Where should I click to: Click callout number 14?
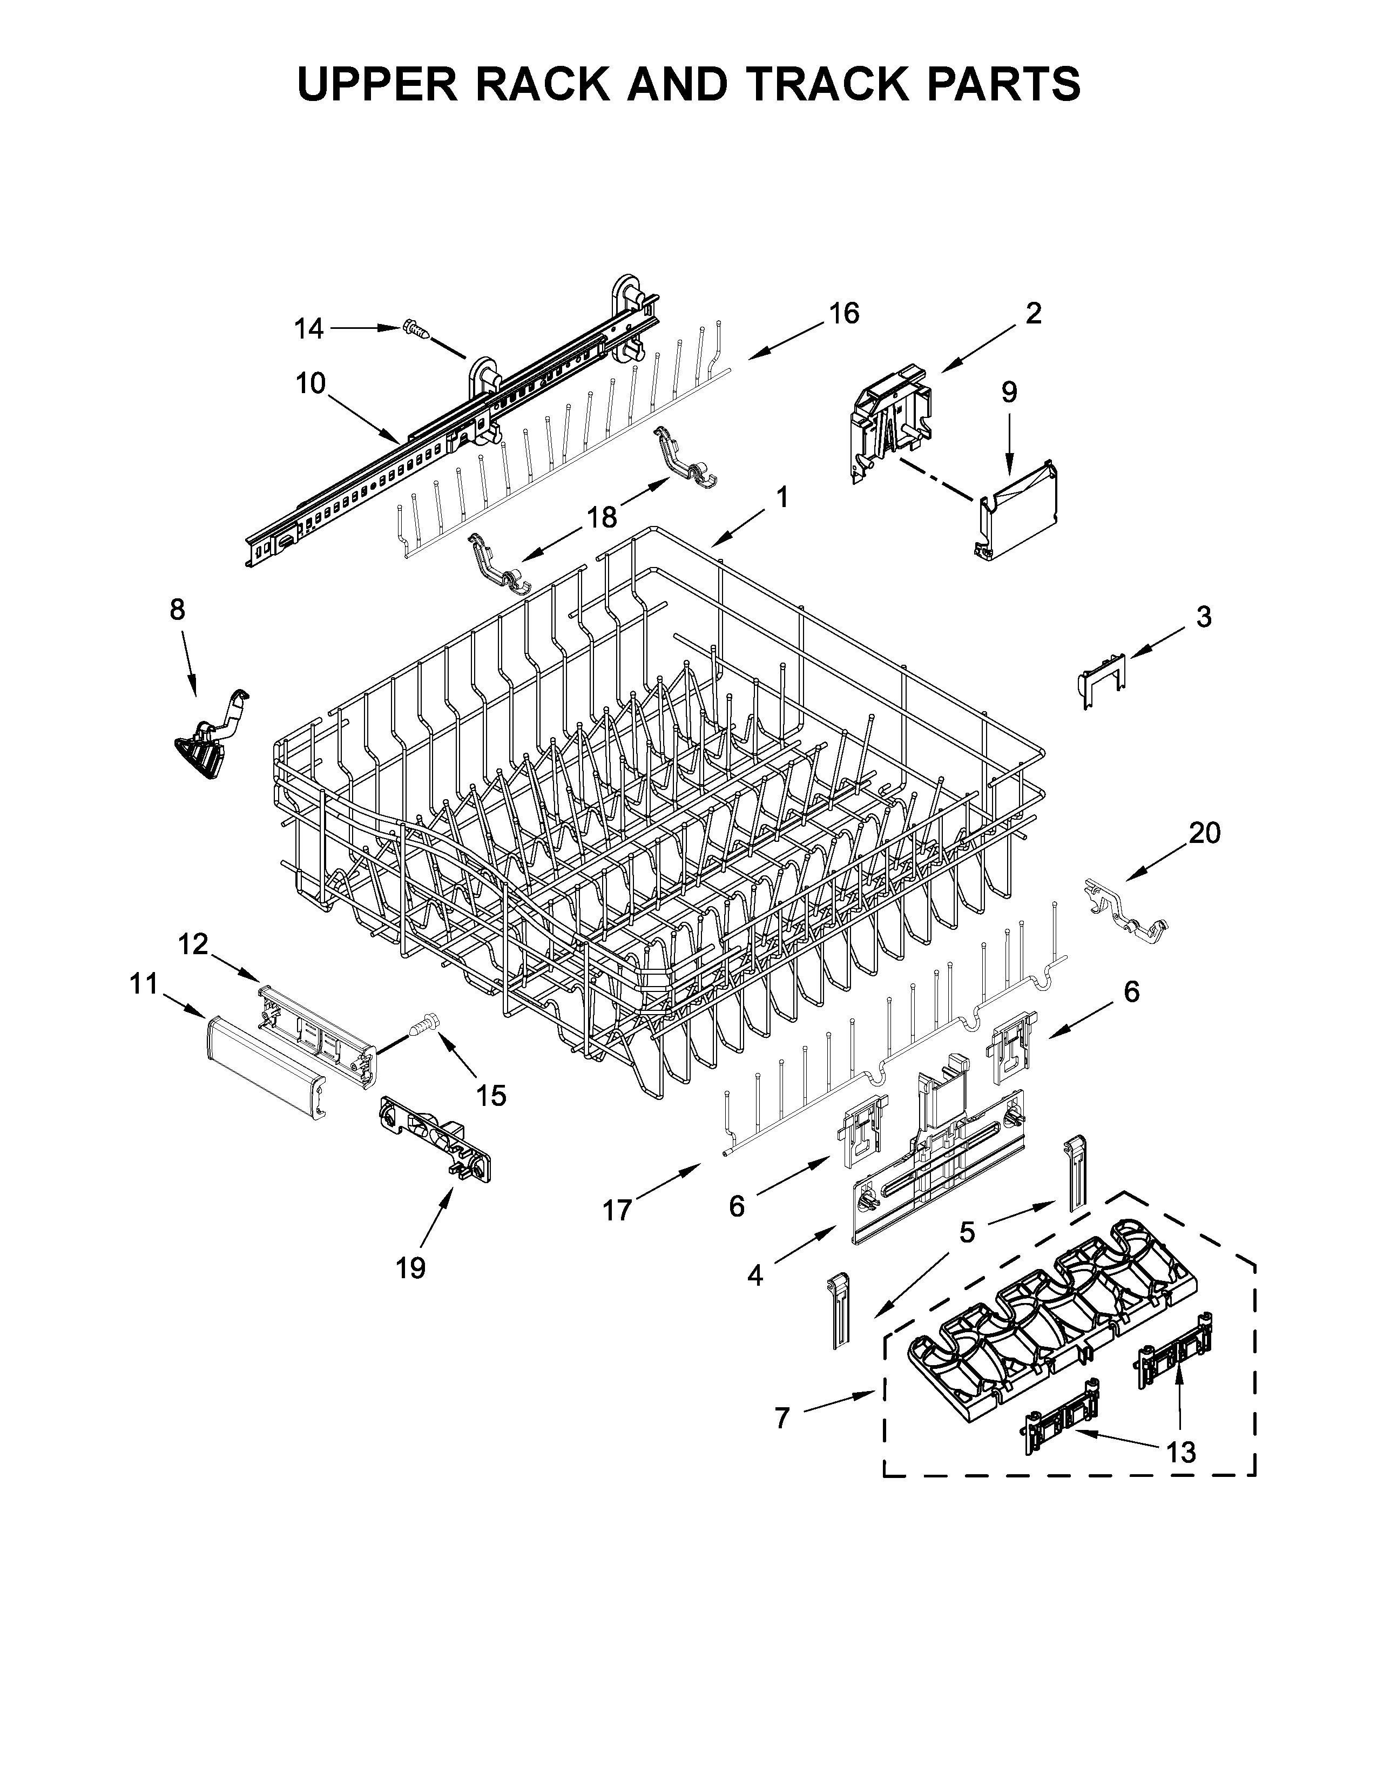[309, 329]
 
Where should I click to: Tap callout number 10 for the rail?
[311, 383]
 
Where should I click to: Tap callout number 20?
[1204, 833]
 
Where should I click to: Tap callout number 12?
[193, 944]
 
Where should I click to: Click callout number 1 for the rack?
[781, 497]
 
